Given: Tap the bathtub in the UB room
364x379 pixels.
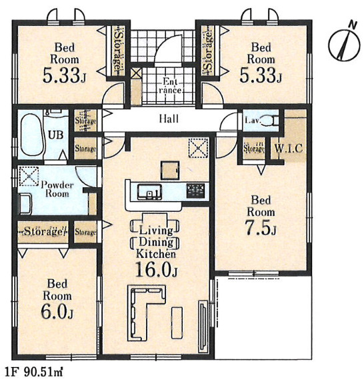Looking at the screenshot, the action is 32,135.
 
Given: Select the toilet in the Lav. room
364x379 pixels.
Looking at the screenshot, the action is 271,120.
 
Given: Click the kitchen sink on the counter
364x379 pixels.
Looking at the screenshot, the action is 149,192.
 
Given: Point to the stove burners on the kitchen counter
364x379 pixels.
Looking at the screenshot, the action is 195,190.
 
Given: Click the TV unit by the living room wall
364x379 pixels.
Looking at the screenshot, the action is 203,326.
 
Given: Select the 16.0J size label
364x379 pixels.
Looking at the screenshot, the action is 156,270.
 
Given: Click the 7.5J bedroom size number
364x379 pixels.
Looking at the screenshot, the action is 261,228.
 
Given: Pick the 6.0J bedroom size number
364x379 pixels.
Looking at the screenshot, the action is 57,312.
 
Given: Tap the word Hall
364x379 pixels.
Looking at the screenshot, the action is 169,119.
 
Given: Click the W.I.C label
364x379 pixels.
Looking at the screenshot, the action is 289,149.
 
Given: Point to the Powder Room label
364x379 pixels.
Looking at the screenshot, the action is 57,189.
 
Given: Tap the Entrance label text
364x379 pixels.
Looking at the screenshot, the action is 170,86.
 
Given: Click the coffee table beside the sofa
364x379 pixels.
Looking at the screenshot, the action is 177,322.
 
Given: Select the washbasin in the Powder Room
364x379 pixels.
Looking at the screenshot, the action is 25,204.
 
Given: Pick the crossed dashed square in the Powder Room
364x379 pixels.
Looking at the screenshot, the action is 29,177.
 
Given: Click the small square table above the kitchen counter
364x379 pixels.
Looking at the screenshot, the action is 170,171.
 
